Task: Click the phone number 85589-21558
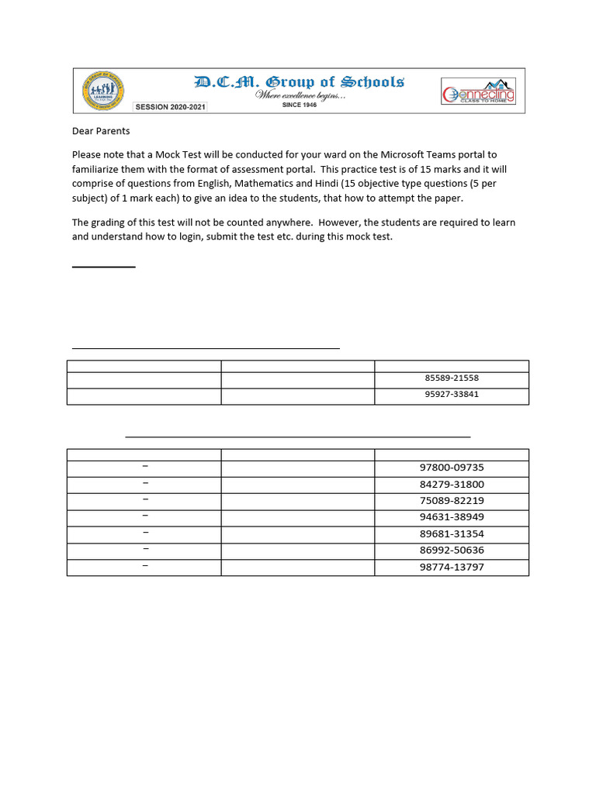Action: click(x=452, y=378)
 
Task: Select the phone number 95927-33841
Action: click(x=452, y=394)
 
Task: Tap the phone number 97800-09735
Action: click(x=452, y=468)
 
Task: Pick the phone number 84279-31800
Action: click(x=452, y=485)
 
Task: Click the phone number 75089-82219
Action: click(x=452, y=501)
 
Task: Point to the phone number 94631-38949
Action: click(x=452, y=517)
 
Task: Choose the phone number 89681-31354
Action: click(x=452, y=534)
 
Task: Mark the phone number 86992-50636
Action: click(x=452, y=551)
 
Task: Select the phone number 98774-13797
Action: click(x=452, y=568)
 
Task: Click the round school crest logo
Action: click(x=102, y=91)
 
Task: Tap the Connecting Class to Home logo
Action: click(x=478, y=92)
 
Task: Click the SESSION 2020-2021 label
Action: click(x=170, y=107)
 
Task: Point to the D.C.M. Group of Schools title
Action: click(x=299, y=82)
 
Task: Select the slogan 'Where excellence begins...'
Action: click(x=301, y=95)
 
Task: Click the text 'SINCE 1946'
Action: click(x=299, y=105)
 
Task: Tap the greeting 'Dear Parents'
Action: click(x=101, y=131)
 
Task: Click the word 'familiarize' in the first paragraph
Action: click(x=99, y=169)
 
